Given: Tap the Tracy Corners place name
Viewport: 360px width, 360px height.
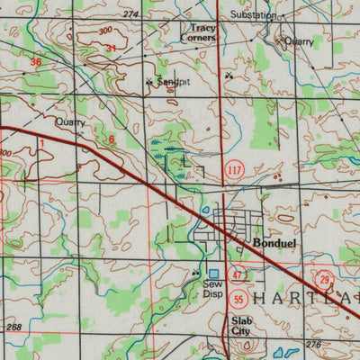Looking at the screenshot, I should [202, 33].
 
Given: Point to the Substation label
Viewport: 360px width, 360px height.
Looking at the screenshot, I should [254, 15].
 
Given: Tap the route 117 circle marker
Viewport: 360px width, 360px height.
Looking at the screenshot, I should [235, 170].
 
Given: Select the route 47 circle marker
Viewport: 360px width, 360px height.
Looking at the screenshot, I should [238, 275].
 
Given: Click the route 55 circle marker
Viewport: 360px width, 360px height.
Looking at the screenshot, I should [238, 299].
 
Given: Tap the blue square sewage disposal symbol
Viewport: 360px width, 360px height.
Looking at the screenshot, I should [214, 274].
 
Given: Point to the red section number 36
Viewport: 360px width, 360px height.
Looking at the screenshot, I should [36, 62].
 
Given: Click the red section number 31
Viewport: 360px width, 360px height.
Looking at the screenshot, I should [111, 48].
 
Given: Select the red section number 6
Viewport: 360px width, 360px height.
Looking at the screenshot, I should [112, 139].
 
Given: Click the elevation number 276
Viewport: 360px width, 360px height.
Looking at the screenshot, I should [313, 345].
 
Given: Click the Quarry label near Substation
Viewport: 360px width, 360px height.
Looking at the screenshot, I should [298, 41].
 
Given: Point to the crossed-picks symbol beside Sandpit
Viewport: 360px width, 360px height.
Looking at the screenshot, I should [149, 82].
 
